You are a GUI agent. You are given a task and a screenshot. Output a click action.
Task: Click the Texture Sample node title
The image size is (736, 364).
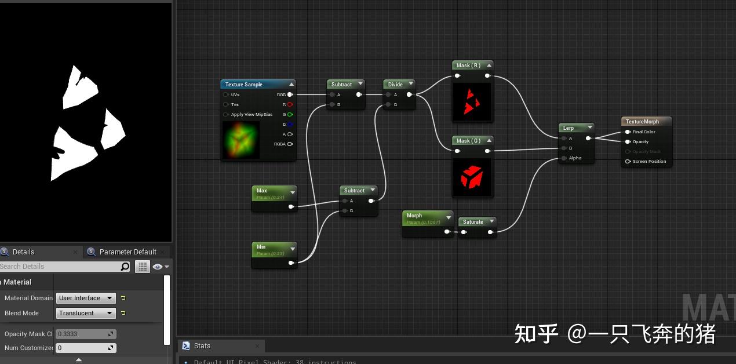click(x=244, y=85)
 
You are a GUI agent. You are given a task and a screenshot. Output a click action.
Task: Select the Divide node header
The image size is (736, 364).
click(x=395, y=85)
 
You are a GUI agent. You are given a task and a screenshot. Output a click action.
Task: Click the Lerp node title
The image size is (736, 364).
click(x=569, y=128)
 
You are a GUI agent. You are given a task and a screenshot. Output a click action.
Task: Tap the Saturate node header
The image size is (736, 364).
click(x=473, y=222)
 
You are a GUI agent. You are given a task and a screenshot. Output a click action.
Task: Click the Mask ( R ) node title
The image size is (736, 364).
click(x=468, y=65)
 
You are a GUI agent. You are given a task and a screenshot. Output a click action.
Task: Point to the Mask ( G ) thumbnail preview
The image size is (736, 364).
click(x=472, y=177)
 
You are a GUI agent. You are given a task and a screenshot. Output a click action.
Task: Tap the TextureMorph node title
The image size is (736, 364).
click(x=643, y=122)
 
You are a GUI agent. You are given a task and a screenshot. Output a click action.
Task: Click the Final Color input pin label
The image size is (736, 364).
click(x=644, y=132)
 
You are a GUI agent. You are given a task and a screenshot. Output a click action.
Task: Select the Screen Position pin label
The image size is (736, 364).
click(x=649, y=162)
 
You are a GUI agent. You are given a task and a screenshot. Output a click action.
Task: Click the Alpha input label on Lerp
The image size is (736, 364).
click(x=575, y=158)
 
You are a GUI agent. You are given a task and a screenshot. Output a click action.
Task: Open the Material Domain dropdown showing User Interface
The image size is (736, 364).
click(x=86, y=298)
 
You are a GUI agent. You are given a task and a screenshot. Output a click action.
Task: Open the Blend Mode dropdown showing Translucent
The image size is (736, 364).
click(x=86, y=313)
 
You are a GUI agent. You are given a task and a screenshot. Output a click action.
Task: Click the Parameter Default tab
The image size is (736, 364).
click(x=127, y=252)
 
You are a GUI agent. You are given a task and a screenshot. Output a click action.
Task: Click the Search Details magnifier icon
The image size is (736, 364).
click(x=125, y=267)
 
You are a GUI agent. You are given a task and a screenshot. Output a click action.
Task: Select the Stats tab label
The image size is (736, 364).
click(x=202, y=346)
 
